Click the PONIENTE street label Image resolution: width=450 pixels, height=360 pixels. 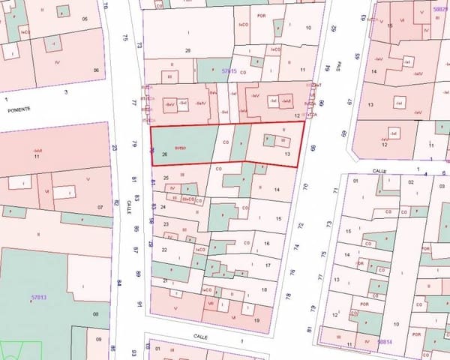(18, 109)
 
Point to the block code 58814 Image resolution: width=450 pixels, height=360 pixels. (385, 341)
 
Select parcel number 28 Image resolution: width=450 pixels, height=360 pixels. (187, 50)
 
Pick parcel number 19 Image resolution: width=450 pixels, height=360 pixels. (257, 320)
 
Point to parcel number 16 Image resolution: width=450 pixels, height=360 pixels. (267, 243)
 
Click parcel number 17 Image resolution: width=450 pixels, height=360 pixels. (268, 265)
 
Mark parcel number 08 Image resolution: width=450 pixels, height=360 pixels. (95, 313)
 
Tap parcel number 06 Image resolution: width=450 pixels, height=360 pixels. (95, 70)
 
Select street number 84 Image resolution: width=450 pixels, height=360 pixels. (119, 283)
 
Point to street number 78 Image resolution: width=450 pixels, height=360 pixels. (289, 297)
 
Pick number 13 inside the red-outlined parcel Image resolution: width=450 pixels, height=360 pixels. (288, 153)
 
